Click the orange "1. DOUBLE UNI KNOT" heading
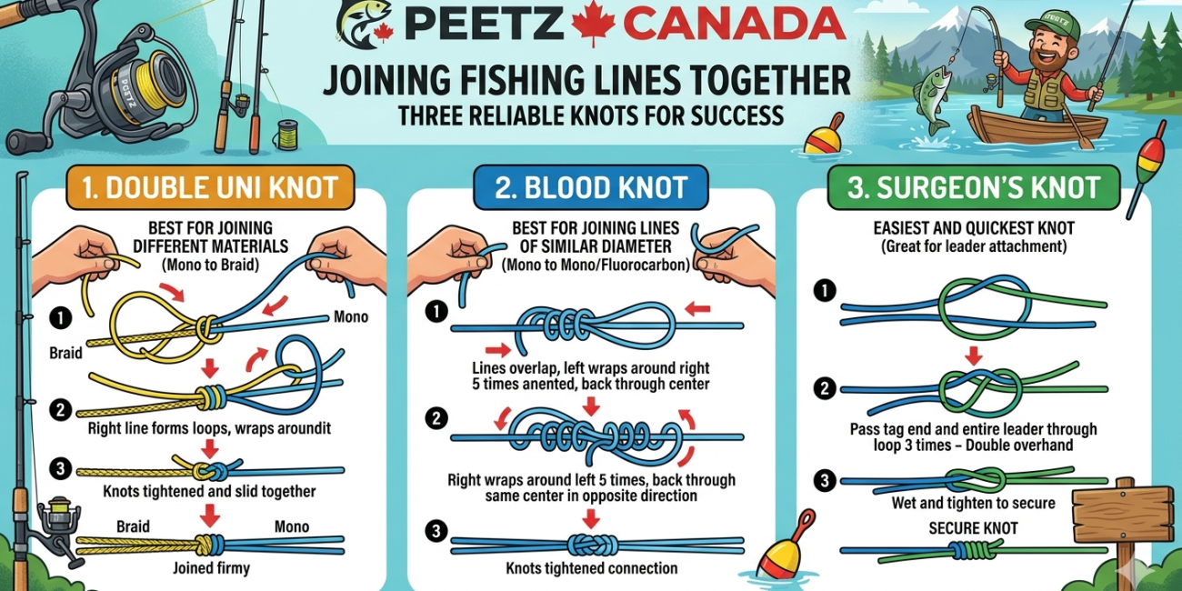(210, 187)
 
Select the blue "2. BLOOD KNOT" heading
(590, 187)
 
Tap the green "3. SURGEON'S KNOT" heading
(974, 187)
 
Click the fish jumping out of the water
(934, 97)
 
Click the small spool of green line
(286, 135)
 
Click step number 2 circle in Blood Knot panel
(436, 418)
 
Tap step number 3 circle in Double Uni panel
(61, 468)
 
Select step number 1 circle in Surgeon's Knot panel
(825, 290)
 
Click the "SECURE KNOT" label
(974, 528)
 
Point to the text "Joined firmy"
(211, 568)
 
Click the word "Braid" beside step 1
(65, 353)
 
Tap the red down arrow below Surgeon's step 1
(974, 356)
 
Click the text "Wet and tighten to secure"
(974, 503)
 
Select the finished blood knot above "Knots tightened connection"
(593, 545)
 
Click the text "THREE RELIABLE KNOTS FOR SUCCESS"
(590, 116)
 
